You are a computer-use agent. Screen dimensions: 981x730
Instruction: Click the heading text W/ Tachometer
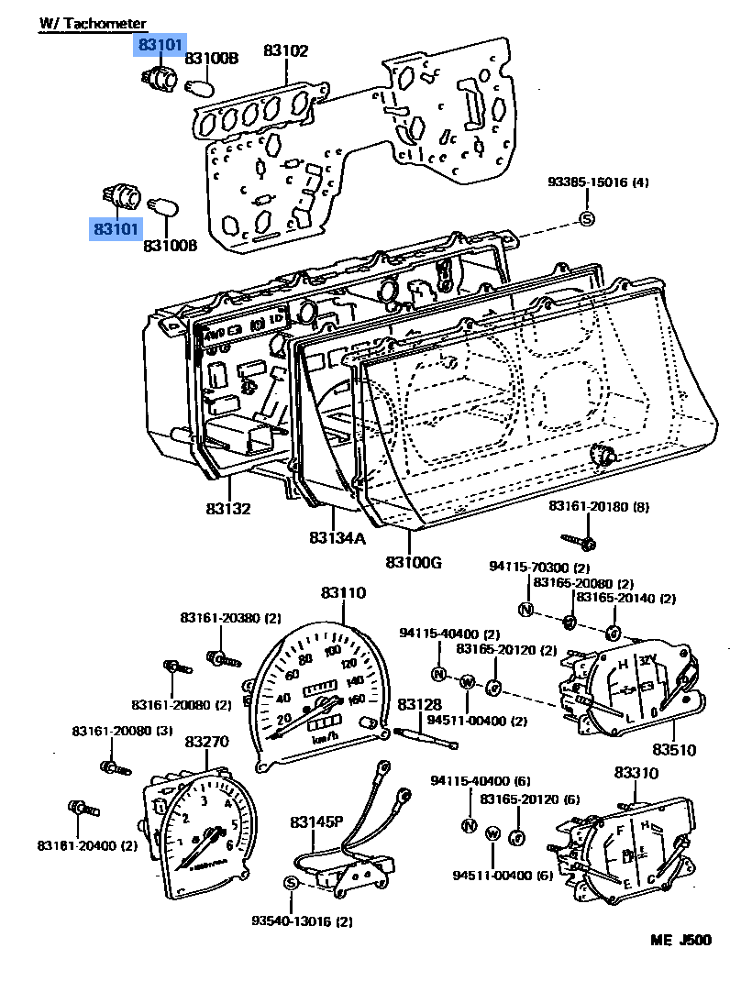[93, 23]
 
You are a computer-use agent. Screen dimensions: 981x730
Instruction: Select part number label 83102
[286, 51]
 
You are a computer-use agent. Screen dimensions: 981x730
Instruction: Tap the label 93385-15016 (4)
[599, 182]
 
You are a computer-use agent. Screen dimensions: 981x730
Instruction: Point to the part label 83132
[227, 508]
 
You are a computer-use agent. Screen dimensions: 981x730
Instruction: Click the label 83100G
[414, 561]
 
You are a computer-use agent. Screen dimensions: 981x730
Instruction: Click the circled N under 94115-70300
[526, 609]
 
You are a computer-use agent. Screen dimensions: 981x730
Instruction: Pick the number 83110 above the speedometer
[342, 593]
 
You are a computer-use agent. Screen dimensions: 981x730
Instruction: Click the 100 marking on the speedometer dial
[333, 652]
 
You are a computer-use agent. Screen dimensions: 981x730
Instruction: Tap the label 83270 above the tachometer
[206, 741]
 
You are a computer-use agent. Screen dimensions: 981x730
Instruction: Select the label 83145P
[316, 821]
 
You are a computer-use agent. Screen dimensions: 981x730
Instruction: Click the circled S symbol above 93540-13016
[291, 882]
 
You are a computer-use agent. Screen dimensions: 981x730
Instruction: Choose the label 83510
[673, 750]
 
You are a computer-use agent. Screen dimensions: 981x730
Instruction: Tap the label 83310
[636, 773]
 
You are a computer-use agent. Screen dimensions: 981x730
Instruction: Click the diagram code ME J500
[680, 940]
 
